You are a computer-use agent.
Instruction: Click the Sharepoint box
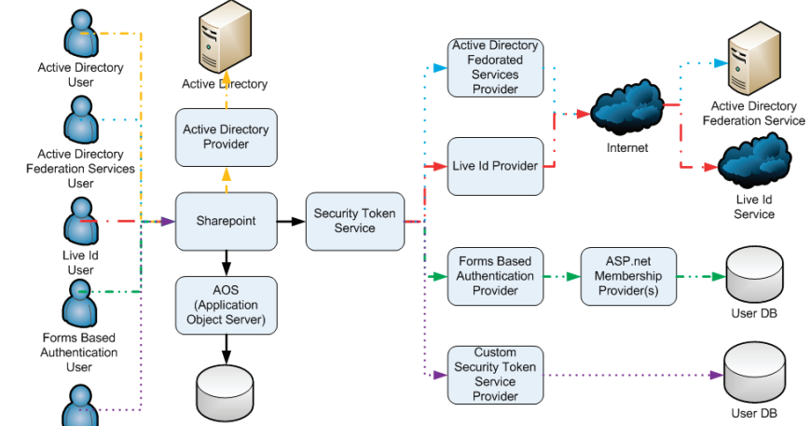click(x=227, y=221)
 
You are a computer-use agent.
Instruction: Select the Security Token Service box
click(x=354, y=221)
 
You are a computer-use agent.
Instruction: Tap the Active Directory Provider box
click(x=227, y=137)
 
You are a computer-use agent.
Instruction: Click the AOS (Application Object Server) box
click(x=227, y=305)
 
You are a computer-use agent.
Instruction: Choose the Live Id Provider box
click(x=495, y=166)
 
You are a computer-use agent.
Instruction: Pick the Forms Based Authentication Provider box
click(x=495, y=277)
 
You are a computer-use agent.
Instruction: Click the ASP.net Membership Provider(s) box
click(x=627, y=277)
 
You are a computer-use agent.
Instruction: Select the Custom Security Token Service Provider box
click(x=495, y=375)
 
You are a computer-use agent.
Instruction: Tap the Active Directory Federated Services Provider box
click(x=495, y=67)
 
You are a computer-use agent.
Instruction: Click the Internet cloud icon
click(x=626, y=110)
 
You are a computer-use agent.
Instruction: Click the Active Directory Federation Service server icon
click(x=754, y=62)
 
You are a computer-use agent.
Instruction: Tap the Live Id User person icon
click(x=80, y=222)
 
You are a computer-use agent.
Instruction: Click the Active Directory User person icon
click(x=80, y=35)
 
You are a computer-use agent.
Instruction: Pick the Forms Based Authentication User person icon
click(x=80, y=304)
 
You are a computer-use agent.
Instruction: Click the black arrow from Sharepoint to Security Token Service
click(x=292, y=221)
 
